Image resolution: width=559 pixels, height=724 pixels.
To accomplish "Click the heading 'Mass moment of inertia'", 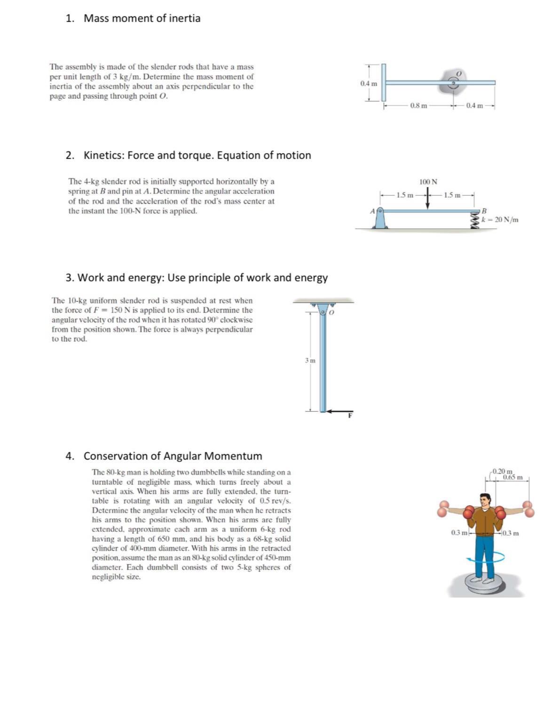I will click(142, 18).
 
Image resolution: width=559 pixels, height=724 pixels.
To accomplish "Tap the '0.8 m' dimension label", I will click(418, 106).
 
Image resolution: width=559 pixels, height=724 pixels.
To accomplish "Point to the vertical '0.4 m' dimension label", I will click(368, 84).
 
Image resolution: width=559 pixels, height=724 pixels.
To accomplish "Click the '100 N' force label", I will click(428, 182).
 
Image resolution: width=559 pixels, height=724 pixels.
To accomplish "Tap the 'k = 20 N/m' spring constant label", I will click(500, 219).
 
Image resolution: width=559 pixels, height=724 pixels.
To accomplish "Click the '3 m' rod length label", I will click(310, 361).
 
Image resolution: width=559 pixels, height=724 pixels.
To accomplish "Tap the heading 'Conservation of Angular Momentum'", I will click(173, 456).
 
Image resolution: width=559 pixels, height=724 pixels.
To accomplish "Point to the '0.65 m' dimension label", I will click(512, 477).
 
